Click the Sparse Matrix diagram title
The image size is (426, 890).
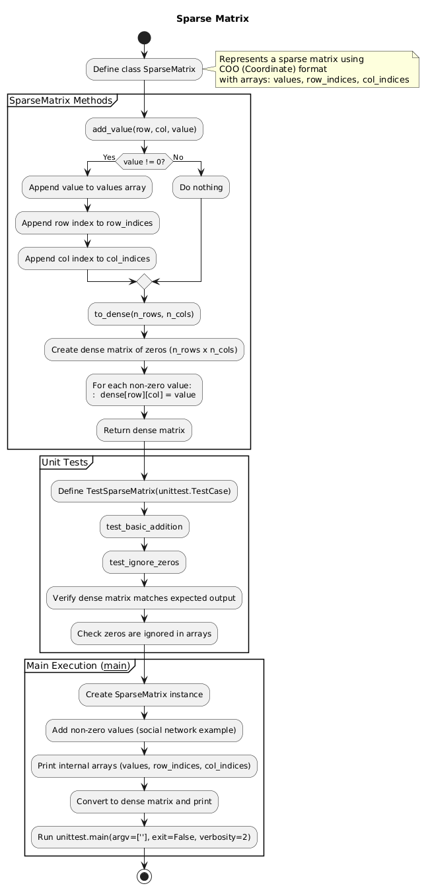pyautogui.click(x=212, y=18)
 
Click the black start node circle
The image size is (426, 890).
pyautogui.click(x=144, y=36)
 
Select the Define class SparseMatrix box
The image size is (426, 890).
pyautogui.click(x=144, y=69)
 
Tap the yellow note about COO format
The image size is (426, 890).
pyautogui.click(x=316, y=69)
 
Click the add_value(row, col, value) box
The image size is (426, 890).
pyautogui.click(x=144, y=129)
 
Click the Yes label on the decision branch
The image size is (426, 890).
pyautogui.click(x=108, y=156)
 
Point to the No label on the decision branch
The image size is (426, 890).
pyautogui.click(x=178, y=156)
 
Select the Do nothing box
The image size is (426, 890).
pyautogui.click(x=201, y=188)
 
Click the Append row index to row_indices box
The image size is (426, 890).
pyautogui.click(x=87, y=223)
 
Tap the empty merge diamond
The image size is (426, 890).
pyautogui.click(x=144, y=282)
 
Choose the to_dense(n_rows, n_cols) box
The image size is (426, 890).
pyautogui.click(x=144, y=314)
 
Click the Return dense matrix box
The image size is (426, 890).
pyautogui.click(x=144, y=430)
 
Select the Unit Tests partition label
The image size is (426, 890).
pyautogui.click(x=65, y=462)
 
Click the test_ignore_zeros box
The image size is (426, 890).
pyautogui.click(x=144, y=563)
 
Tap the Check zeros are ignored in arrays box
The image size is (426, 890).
pyautogui.click(x=144, y=634)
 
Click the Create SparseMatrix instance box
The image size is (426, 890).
pyautogui.click(x=144, y=695)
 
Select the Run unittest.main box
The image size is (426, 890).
pyautogui.click(x=144, y=837)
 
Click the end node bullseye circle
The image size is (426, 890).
pyautogui.click(x=144, y=877)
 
